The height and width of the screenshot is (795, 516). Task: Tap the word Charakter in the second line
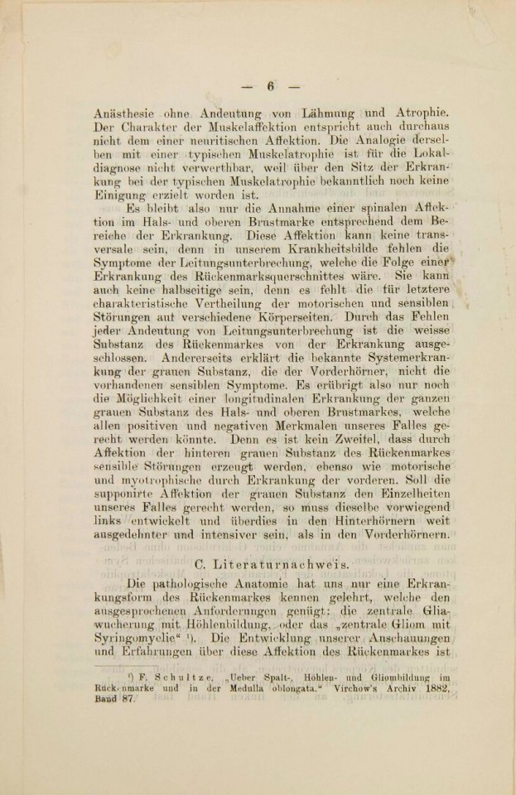[x=166, y=129]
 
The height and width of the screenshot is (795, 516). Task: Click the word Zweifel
[x=340, y=445]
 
